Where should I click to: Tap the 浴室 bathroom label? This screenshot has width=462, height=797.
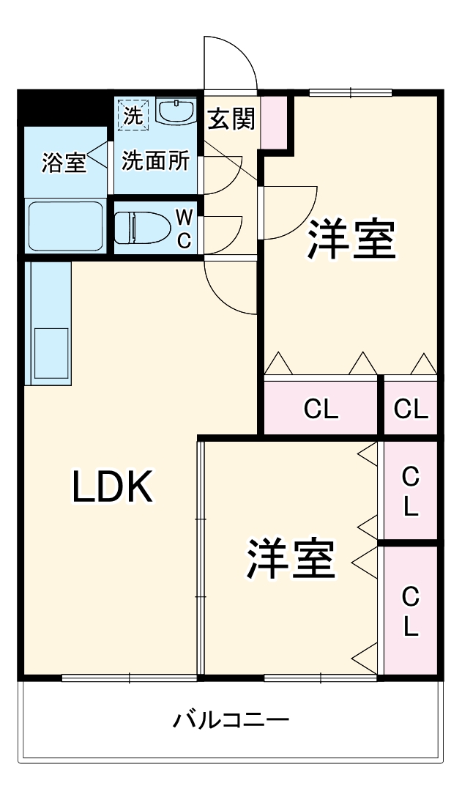tap(64, 163)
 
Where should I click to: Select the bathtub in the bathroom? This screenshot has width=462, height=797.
tap(65, 226)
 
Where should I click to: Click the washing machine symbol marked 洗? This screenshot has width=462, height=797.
tap(133, 114)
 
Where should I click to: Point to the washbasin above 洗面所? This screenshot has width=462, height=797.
tap(176, 112)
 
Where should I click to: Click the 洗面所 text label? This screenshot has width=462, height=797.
tap(154, 161)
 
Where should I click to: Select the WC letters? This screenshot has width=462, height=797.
tap(185, 229)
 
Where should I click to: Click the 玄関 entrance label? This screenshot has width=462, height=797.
tap(231, 119)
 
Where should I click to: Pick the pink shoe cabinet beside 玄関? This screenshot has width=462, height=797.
tap(275, 121)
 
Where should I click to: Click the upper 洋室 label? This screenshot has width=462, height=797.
tap(351, 240)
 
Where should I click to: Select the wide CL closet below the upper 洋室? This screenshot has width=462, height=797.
tap(321, 409)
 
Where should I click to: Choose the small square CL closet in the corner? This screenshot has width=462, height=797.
tap(410, 409)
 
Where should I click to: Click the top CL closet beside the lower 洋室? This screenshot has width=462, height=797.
tap(411, 491)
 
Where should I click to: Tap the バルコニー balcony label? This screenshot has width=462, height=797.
tap(231, 721)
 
